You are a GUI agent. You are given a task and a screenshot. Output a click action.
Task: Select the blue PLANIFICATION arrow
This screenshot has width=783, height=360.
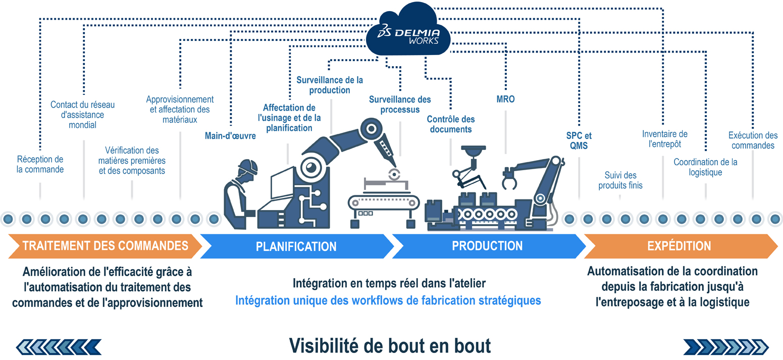pyautogui.click(x=296, y=246)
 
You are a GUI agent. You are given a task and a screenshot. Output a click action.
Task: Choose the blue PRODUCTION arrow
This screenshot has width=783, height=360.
pyautogui.click(x=487, y=246)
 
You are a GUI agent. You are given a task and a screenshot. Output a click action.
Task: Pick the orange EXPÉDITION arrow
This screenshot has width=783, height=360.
pyautogui.click(x=679, y=246)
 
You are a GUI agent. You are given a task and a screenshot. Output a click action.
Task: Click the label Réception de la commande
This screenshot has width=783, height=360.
pyautogui.click(x=40, y=164)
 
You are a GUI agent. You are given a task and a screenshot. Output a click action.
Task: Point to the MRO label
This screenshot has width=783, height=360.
pyautogui.click(x=505, y=99)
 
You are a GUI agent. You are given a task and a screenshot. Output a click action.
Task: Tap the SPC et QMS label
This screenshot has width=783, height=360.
pyautogui.click(x=579, y=141)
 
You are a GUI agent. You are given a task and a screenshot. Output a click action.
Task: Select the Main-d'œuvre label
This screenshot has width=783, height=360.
pyautogui.click(x=230, y=135)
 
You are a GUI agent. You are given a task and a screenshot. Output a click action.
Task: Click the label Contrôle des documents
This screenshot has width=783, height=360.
pyautogui.click(x=450, y=124)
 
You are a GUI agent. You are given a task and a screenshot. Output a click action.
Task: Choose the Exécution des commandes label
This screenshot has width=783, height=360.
pyautogui.click(x=753, y=140)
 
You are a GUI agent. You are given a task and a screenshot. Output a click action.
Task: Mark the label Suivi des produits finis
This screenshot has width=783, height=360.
pyautogui.click(x=620, y=180)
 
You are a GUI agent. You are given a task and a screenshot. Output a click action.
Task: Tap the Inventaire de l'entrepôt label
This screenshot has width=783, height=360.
pyautogui.click(x=664, y=139)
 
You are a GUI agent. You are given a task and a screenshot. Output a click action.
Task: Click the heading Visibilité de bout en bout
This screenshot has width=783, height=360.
pyautogui.click(x=390, y=346)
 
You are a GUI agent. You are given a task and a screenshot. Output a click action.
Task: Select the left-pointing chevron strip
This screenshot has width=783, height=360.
pyautogui.click(x=59, y=346)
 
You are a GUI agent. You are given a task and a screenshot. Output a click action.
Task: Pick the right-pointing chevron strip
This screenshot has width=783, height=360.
pyautogui.click(x=725, y=346)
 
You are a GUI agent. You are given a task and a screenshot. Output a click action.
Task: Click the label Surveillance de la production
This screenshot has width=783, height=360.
pyautogui.click(x=330, y=85)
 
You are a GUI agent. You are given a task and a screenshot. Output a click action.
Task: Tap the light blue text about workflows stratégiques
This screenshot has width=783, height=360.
pyautogui.click(x=388, y=300)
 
